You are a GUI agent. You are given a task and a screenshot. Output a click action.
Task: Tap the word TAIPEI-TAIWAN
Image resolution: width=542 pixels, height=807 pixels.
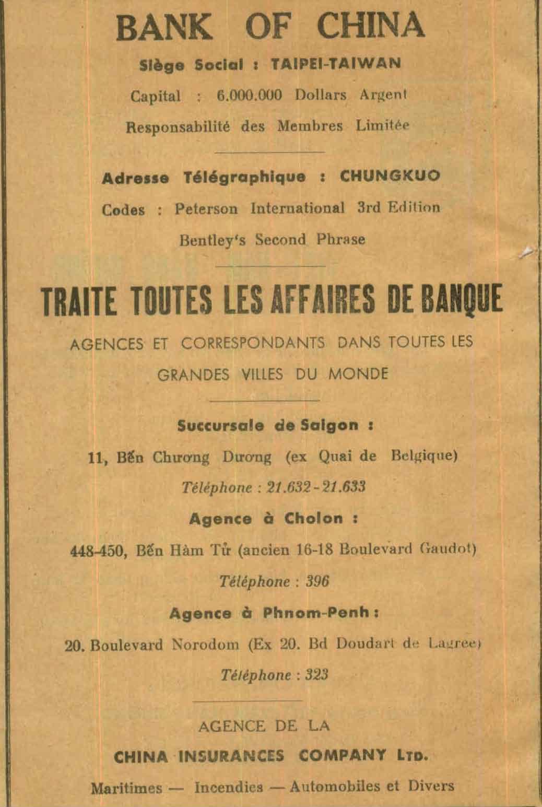click(336, 64)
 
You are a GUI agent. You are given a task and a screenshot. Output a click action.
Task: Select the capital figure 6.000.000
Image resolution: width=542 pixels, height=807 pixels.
click(249, 96)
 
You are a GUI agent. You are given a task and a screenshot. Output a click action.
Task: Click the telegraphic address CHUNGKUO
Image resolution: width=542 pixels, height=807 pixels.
click(390, 176)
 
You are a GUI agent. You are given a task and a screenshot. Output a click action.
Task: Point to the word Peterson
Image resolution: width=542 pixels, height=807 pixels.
click(206, 209)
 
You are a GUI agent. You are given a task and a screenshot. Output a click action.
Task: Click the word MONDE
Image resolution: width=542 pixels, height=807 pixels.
click(358, 374)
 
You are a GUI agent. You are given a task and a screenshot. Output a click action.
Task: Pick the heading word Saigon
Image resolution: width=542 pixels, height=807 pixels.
click(329, 425)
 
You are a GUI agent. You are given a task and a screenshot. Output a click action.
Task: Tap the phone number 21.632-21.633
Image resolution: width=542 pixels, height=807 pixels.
click(316, 487)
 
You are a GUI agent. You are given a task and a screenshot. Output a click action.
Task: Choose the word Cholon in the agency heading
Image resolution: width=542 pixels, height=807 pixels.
click(314, 519)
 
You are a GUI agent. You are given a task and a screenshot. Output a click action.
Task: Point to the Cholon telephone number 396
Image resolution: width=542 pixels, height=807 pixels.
click(317, 581)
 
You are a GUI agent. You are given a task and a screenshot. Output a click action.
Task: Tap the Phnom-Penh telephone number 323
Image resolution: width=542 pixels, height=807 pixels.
click(316, 675)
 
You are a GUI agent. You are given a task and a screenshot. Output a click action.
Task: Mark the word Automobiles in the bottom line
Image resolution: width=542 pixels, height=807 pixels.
click(335, 786)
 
